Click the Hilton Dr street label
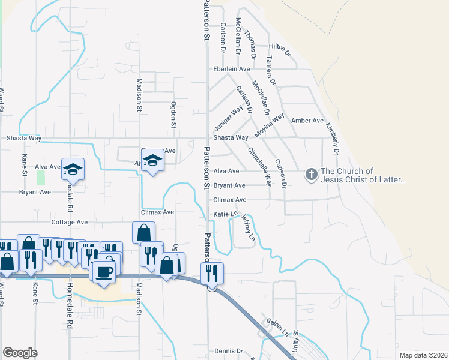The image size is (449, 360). click(280, 46)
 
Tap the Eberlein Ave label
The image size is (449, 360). click(232, 69)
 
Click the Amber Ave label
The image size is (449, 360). click(307, 121)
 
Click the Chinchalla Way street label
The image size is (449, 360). click(260, 167)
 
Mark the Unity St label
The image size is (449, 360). click(295, 344)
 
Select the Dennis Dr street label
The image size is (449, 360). click(229, 351)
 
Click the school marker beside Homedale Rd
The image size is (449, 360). click(73, 169)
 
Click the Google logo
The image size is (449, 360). click(20, 353)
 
